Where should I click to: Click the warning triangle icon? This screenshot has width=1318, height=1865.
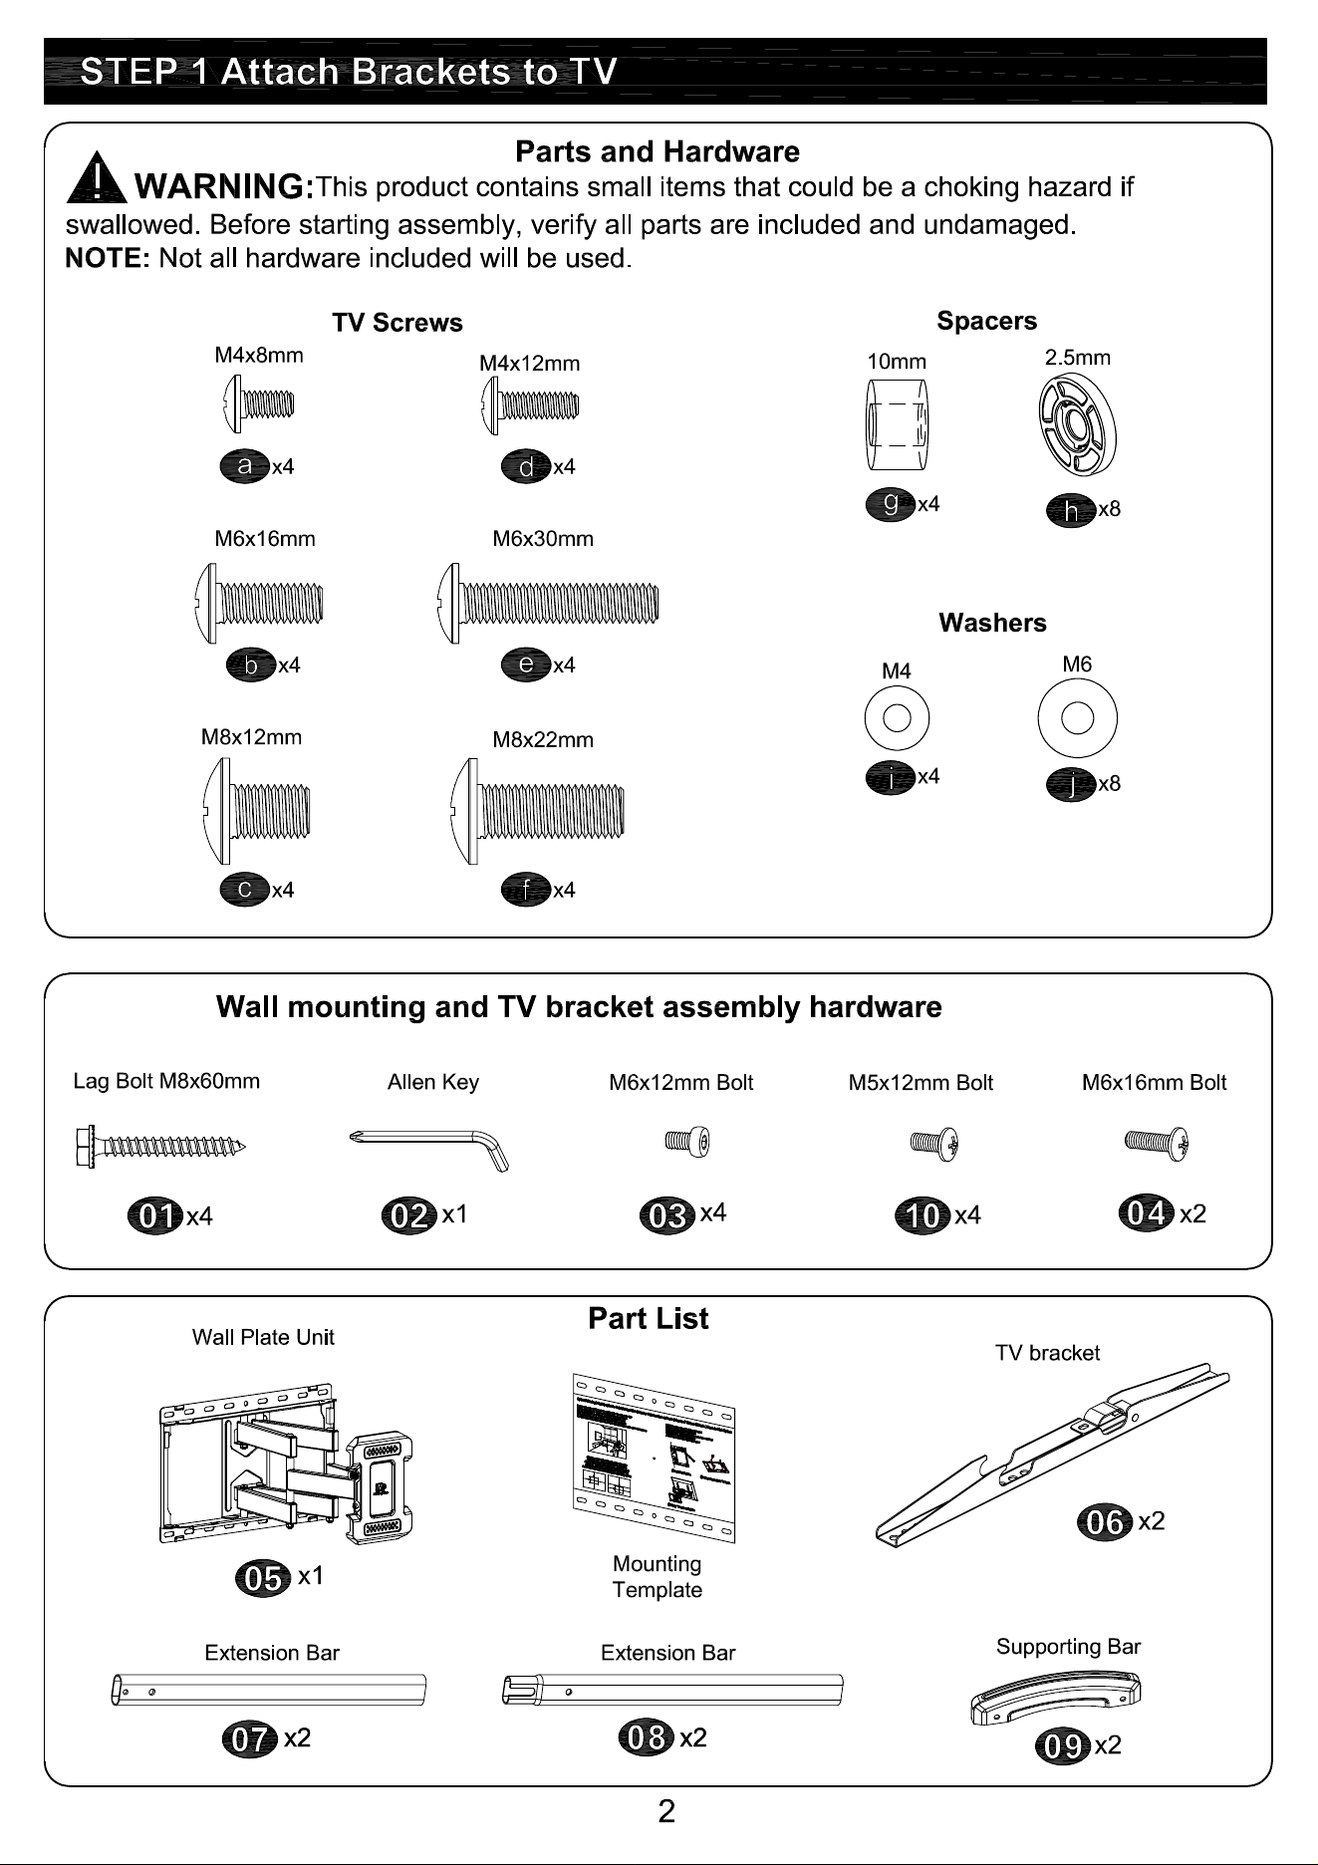95,176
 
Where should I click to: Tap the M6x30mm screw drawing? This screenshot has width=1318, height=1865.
547,603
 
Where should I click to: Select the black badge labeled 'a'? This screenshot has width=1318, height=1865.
244,465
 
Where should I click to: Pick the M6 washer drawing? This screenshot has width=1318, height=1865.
1077,717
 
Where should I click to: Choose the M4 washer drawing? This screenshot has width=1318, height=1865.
897,717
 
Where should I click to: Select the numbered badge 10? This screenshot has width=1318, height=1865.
923,1216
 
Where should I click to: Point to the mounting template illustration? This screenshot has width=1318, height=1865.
654,1458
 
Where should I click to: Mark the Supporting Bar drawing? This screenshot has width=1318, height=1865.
1056,1697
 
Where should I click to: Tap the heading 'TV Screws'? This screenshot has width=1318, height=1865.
397,323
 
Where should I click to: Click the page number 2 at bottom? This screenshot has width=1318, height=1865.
666,1810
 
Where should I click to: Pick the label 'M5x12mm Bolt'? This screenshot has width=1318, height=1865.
921,1083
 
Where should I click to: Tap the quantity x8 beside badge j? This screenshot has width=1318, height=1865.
1109,784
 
